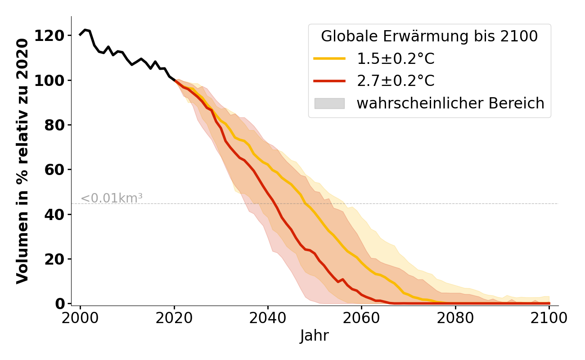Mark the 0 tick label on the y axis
(60, 304)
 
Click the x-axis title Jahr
(315, 336)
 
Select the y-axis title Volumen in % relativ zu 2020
(22, 161)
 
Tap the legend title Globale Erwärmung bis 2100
(429, 36)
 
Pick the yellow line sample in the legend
(329, 58)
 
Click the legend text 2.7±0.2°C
(396, 81)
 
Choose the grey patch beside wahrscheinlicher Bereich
(329, 103)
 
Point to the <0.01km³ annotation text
(112, 198)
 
